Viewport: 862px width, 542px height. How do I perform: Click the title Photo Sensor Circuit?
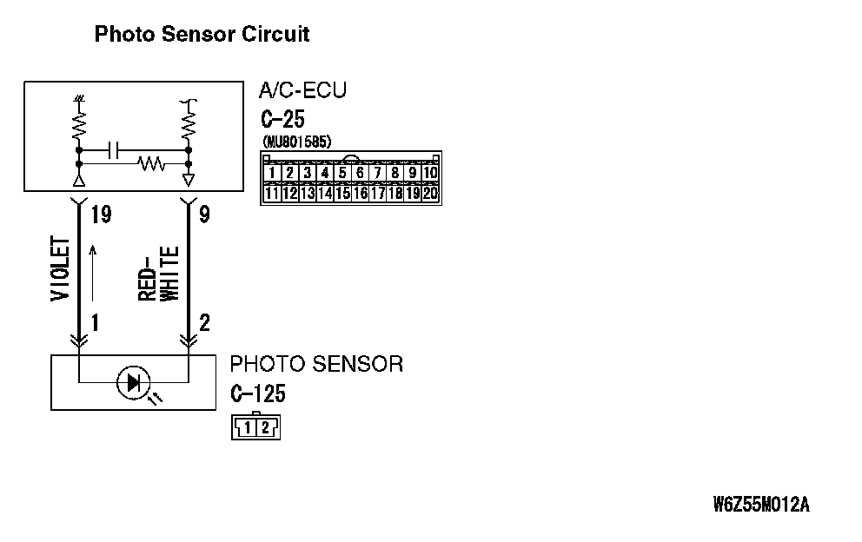tap(202, 34)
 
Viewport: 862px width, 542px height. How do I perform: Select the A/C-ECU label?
tap(302, 90)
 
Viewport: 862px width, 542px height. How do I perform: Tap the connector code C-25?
tap(282, 119)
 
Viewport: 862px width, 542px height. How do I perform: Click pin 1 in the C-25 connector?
tap(272, 172)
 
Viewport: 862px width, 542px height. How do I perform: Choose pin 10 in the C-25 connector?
tap(429, 172)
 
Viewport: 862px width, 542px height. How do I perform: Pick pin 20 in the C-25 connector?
tap(429, 193)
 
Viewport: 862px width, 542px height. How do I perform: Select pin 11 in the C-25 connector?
tap(272, 193)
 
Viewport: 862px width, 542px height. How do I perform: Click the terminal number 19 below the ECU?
tap(101, 214)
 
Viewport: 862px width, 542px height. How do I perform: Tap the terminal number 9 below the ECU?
tap(204, 214)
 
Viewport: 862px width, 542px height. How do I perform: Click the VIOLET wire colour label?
tap(61, 269)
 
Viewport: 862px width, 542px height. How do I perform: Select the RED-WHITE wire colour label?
tap(158, 274)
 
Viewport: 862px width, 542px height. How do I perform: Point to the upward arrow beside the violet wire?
tap(91, 274)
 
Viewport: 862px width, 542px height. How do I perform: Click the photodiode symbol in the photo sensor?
tap(134, 382)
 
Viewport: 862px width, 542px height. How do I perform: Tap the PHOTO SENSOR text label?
tap(316, 364)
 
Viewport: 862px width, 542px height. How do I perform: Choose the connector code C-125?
tap(258, 393)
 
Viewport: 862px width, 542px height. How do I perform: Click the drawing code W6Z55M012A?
tap(760, 505)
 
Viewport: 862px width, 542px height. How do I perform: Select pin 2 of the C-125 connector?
tap(265, 427)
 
